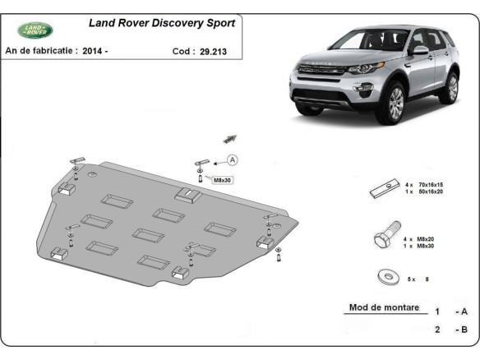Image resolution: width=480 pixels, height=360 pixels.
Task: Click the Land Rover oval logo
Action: coord(35,30)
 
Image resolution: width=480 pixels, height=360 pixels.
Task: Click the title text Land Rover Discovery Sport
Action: coord(161,24)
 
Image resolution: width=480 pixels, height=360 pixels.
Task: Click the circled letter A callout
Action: coord(232,159)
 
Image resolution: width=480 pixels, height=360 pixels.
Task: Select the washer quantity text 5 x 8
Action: coord(419,279)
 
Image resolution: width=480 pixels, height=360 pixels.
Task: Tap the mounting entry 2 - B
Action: coord(450,330)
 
